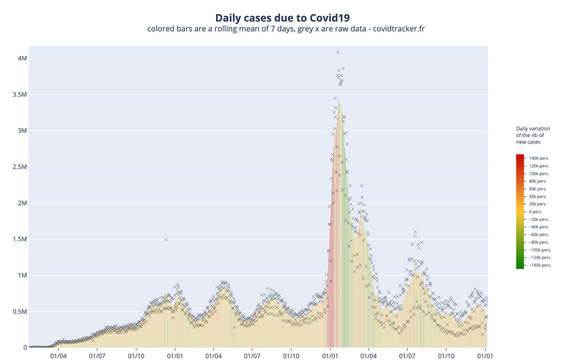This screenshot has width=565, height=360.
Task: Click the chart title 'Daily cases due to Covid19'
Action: pyautogui.click(x=282, y=18)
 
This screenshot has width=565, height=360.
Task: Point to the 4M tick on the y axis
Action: pyautogui.click(x=22, y=58)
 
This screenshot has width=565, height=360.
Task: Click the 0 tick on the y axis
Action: pyautogui.click(x=25, y=348)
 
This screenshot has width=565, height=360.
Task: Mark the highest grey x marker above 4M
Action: pyautogui.click(x=338, y=52)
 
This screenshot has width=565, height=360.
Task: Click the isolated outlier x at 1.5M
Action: pyautogui.click(x=166, y=239)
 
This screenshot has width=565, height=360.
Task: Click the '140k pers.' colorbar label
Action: pyautogui.click(x=539, y=158)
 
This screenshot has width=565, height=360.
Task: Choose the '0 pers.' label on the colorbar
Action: pyautogui.click(x=535, y=212)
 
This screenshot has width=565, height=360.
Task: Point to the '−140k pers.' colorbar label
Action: pyautogui.click(x=540, y=265)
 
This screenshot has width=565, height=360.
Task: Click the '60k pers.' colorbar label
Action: pyautogui.click(x=538, y=189)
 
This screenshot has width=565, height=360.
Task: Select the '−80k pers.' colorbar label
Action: pyautogui.click(x=539, y=242)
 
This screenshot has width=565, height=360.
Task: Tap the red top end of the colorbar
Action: pyautogui.click(x=520, y=156)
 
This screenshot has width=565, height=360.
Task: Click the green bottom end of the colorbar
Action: pyautogui.click(x=520, y=267)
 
